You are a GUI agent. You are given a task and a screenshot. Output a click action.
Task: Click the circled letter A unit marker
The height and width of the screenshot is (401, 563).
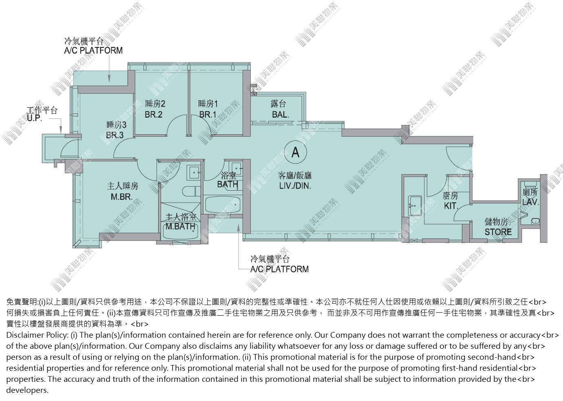click(295, 152)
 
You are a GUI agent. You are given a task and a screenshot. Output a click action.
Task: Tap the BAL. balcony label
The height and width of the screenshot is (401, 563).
click(280, 115)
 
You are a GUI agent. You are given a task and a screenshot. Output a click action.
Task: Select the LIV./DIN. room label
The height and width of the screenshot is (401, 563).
click(295, 186)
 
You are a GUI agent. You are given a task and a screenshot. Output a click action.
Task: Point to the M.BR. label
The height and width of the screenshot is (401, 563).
click(121, 196)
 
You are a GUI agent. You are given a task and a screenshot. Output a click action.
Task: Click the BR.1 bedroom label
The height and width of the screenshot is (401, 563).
click(208, 114)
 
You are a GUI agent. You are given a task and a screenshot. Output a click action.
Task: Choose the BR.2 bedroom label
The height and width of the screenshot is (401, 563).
click(154, 114)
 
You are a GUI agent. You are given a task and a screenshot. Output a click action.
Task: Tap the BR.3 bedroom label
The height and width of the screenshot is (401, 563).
click(115, 135)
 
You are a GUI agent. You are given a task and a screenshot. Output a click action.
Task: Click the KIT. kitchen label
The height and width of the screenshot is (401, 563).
click(451, 206)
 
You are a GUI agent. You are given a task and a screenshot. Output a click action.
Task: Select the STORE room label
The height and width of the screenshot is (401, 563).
click(498, 232)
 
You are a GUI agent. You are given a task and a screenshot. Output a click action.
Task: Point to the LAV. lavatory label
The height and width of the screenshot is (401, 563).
click(530, 202)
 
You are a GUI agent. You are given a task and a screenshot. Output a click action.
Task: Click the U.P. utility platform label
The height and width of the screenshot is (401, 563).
click(34, 118)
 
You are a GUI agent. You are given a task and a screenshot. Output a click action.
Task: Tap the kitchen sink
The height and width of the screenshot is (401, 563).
click(415, 206)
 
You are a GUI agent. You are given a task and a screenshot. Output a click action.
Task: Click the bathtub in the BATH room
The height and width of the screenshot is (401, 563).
click(223, 205)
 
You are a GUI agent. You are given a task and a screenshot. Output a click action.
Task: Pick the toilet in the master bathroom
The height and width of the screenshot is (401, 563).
click(191, 192)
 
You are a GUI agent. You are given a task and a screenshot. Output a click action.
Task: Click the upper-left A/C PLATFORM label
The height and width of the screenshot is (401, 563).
click(93, 51)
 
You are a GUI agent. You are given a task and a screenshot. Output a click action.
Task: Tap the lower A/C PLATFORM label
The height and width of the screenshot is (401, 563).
click(280, 269)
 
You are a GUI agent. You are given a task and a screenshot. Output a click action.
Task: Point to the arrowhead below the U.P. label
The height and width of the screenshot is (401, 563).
click(61, 131)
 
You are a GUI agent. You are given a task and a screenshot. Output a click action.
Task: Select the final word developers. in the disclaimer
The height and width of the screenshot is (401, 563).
click(27, 390)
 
